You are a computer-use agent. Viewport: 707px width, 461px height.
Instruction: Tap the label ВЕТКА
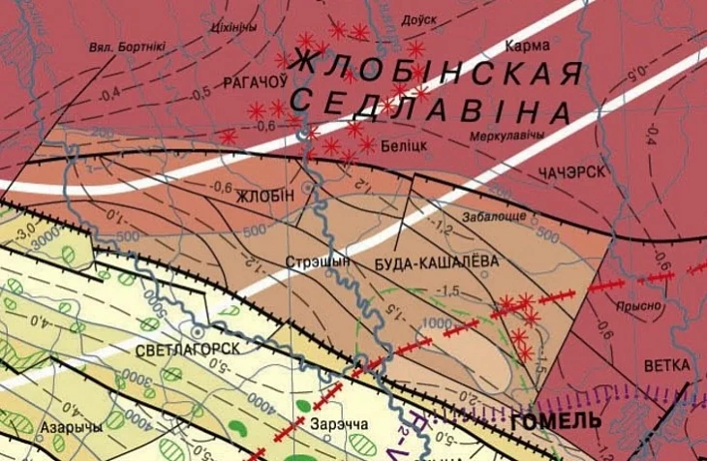666,365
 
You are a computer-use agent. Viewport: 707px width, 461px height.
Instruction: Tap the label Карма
528,46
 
